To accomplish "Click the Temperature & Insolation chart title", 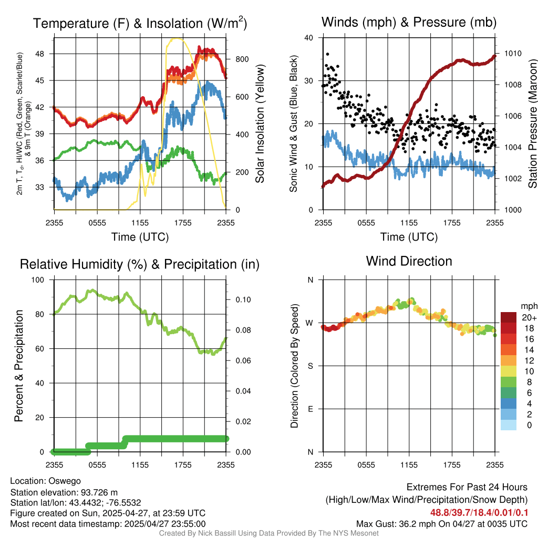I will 140,23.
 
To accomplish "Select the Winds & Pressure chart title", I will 409,23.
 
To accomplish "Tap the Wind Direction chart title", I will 409,261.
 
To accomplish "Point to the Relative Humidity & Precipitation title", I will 140,264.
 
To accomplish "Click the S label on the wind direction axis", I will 310,366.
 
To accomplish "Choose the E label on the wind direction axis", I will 310,409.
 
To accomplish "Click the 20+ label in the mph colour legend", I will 529,317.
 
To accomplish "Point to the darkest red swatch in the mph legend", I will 509,317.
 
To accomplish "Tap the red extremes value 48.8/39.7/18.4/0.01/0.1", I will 479,512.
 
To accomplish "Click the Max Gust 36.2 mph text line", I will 441,523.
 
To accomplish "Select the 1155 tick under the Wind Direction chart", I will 409,464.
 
